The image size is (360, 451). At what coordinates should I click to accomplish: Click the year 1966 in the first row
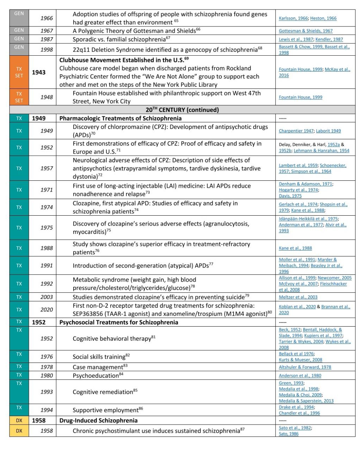46,18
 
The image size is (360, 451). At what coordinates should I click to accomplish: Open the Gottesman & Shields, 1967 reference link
305,31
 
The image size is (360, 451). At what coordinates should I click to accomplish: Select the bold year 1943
39,72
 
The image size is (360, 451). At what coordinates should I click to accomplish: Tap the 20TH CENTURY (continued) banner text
182,110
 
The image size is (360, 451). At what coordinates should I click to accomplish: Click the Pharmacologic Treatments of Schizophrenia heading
120,118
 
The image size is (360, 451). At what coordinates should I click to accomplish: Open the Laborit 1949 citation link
328,131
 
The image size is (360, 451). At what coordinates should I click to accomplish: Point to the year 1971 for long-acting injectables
46,190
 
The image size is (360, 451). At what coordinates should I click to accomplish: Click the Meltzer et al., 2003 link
298,297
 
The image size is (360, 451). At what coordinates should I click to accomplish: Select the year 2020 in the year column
46,310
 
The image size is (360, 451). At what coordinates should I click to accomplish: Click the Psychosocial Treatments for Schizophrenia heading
119,322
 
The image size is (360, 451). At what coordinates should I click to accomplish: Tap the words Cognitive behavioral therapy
112,339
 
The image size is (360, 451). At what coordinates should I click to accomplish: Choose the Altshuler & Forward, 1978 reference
305,367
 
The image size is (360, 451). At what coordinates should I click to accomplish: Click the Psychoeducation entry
95,376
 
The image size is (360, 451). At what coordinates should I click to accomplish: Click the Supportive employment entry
105,410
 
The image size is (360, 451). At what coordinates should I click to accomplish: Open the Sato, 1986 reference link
288,434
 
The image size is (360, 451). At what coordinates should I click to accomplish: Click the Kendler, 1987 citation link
329,39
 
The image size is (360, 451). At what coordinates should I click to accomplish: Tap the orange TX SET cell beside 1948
19,97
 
